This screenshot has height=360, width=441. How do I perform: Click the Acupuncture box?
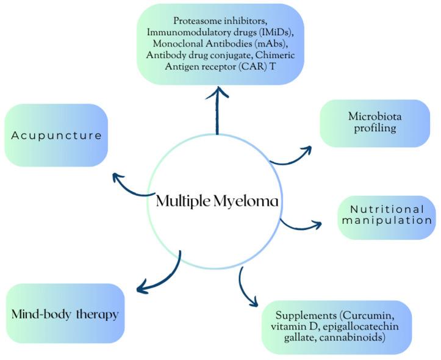(x=56, y=135)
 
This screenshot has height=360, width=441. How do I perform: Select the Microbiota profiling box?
(x=375, y=123)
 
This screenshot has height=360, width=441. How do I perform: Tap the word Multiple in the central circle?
(x=182, y=201)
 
